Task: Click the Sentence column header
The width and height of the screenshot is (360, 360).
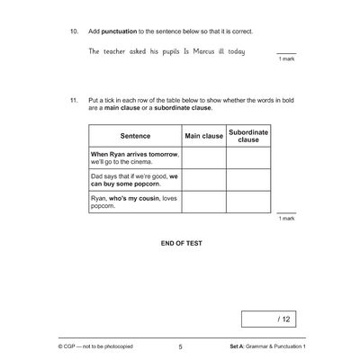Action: [x=134, y=136]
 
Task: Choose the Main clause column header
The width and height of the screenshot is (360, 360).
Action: [x=203, y=136]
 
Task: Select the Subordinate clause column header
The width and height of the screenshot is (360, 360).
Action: [x=247, y=136]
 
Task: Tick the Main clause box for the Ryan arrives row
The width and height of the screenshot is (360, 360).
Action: [x=203, y=157]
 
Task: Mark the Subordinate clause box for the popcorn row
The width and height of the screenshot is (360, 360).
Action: [x=247, y=179]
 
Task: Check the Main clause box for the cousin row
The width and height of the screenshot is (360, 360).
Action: [x=203, y=201]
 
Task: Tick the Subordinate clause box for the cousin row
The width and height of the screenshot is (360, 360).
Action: [x=247, y=201]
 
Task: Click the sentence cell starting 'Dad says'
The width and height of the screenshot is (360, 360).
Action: [x=134, y=179]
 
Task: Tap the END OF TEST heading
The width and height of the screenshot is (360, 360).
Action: [x=179, y=243]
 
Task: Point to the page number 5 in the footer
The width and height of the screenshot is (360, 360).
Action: [x=180, y=346]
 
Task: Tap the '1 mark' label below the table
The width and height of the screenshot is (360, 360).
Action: [x=286, y=218]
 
